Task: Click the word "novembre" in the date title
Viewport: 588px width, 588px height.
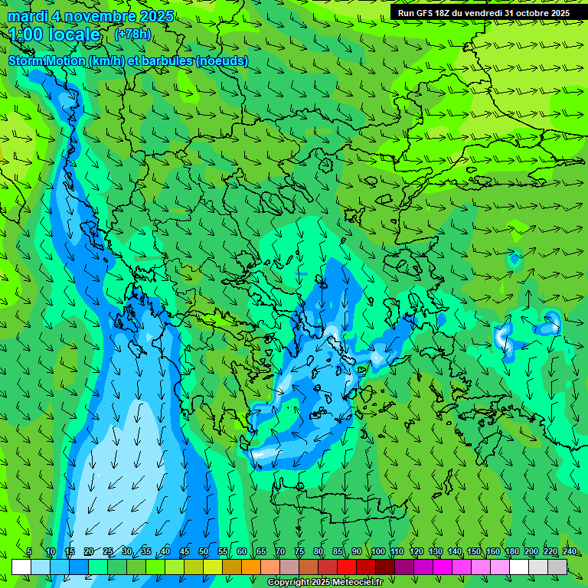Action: tap(99, 17)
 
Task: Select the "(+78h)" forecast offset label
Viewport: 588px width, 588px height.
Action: tap(132, 34)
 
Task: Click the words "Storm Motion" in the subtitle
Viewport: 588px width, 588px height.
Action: tap(47, 61)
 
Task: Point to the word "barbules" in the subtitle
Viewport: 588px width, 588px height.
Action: tap(168, 61)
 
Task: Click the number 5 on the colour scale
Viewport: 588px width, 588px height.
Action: tap(28, 552)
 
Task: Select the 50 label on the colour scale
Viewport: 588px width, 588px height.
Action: tap(203, 552)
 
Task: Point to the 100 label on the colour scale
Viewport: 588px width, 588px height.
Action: tap(377, 552)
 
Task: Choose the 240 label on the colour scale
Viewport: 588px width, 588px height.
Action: tap(570, 552)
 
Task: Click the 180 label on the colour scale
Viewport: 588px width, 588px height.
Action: tap(511, 552)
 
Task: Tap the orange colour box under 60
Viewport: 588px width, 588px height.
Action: tap(232, 567)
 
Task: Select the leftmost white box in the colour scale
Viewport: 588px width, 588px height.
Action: tap(21, 567)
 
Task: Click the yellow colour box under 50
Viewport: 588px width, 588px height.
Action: tap(194, 567)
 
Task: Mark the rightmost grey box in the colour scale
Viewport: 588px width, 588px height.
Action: tap(557, 567)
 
